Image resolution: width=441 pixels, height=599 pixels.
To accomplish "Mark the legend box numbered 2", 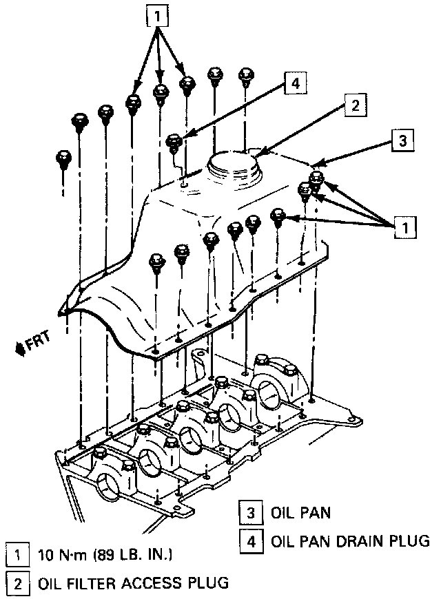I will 14,584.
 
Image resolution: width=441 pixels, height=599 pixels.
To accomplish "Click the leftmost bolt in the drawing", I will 62,160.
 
